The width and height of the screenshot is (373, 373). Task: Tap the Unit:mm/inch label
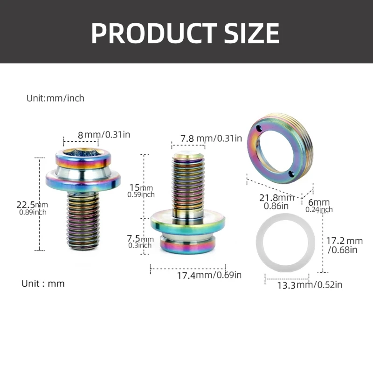pos(55,98)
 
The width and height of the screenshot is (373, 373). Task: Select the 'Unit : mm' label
pos(43,283)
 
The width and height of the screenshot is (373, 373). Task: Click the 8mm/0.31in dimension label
pos(104,135)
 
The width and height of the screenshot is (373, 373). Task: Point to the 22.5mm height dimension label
pos(32,207)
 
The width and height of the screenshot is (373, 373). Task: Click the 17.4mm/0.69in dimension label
pos(209,275)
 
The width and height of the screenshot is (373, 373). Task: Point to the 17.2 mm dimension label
pos(344,245)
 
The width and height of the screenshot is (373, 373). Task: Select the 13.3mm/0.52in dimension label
pos(310,285)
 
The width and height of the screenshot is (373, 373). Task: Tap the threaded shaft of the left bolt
pos(83,219)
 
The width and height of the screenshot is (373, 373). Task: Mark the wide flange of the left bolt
pos(83,180)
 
